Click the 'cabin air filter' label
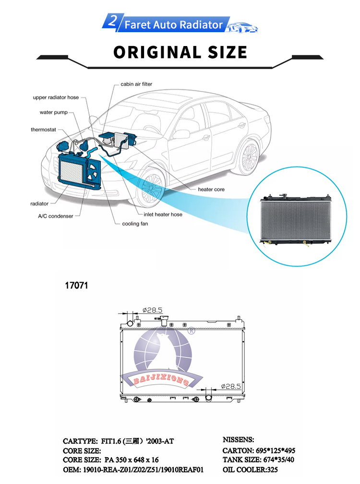click(x=136, y=84)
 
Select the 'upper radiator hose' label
click(x=56, y=97)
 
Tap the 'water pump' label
click(x=53, y=112)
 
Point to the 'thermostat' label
click(x=43, y=130)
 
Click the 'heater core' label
click(x=211, y=189)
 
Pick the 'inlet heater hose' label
click(x=163, y=214)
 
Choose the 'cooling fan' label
click(x=135, y=224)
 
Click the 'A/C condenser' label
click(x=56, y=216)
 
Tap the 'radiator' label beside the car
click(x=39, y=204)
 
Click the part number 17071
click(x=76, y=285)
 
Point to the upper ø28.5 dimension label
click(x=152, y=310)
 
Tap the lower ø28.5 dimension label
click(x=230, y=386)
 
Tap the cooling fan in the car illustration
click(x=93, y=172)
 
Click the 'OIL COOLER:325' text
click(x=250, y=470)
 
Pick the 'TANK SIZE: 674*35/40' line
click(x=258, y=460)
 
